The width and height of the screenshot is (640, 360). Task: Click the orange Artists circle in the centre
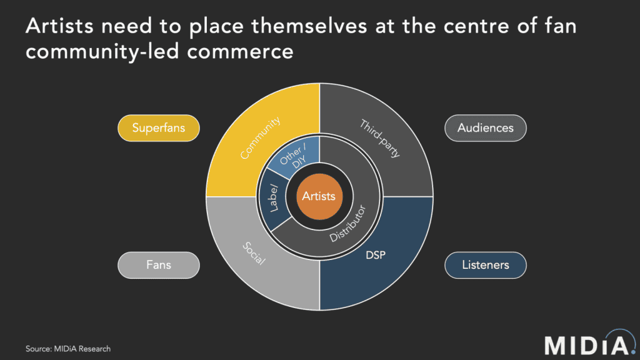319,196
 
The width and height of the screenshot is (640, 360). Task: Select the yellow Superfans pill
159,128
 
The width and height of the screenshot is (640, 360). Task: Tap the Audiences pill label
485,128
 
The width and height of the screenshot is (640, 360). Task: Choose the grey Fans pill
159,265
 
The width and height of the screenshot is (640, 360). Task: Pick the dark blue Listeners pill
485,265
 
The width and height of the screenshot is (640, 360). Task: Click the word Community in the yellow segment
261,137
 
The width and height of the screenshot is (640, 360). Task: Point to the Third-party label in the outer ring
379,138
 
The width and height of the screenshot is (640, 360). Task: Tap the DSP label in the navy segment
376,255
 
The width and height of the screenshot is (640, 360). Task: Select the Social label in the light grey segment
254,254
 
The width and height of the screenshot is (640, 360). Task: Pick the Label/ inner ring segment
272,198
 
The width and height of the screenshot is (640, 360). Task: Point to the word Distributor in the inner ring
347,224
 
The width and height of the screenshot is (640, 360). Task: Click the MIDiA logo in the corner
590,344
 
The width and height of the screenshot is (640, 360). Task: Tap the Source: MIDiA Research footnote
68,349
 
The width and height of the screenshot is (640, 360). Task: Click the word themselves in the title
309,26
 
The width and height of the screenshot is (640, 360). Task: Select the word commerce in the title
240,52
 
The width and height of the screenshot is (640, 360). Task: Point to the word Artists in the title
59,26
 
